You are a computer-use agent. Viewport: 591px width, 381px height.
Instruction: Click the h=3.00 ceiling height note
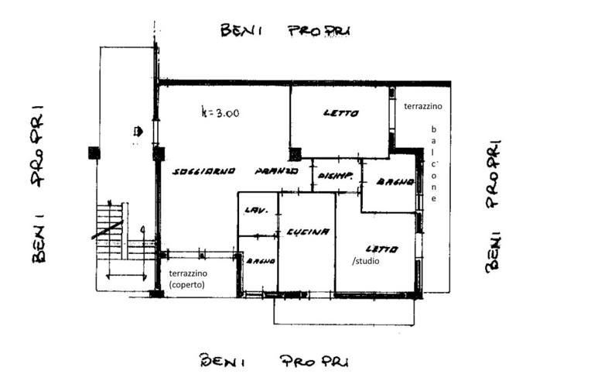(220, 113)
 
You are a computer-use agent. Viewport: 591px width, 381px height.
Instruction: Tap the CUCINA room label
(308, 232)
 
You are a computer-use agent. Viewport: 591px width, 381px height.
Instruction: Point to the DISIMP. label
(335, 176)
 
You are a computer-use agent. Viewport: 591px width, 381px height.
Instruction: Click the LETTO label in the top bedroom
(340, 113)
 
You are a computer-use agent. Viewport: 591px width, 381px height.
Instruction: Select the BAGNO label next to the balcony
(392, 182)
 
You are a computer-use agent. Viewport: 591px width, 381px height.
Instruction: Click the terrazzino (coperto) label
(189, 280)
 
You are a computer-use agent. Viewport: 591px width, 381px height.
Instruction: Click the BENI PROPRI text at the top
(285, 31)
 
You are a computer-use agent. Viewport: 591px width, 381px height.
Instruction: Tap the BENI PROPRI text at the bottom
(275, 360)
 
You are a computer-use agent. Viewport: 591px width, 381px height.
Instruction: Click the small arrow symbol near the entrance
(138, 132)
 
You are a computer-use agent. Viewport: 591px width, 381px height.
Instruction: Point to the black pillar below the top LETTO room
(295, 153)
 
